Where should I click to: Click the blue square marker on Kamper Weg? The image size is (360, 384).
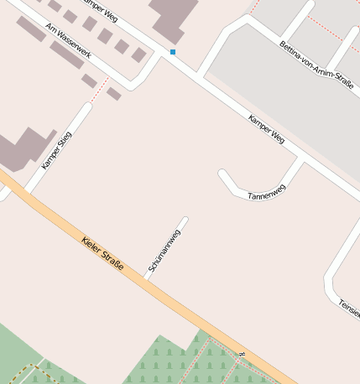click(173, 52)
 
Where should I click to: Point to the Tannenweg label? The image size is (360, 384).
click(268, 192)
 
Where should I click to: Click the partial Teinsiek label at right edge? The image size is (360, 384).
click(349, 309)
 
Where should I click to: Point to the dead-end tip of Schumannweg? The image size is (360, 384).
click(185, 221)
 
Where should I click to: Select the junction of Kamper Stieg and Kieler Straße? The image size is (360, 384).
click(28, 190)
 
